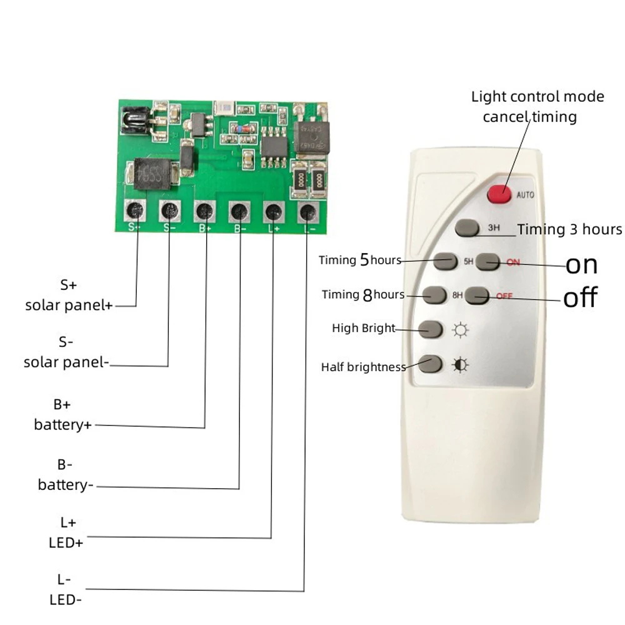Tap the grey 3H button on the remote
tap(467, 228)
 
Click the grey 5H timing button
tap(444, 261)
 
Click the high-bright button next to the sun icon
tap(431, 329)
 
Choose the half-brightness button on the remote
tap(431, 364)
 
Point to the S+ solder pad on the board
tap(136, 211)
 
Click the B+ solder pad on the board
tap(204, 211)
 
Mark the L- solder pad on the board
tap(307, 213)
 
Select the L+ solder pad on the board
tap(273, 212)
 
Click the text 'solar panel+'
tap(69, 306)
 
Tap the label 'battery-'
tap(66, 485)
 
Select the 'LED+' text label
tap(66, 542)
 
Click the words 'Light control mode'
tap(537, 97)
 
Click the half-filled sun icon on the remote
tap(461, 366)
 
